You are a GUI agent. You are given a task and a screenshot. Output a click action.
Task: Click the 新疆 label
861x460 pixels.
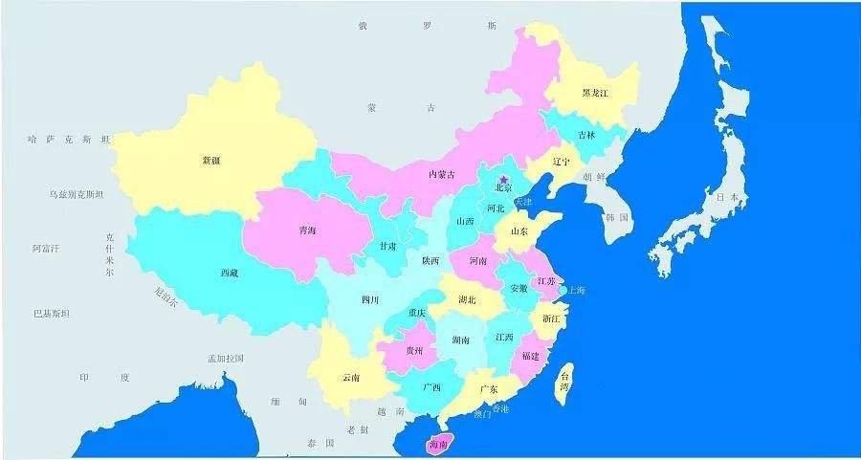point(211,160)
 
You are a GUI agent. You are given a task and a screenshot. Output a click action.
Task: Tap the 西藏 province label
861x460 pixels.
point(230,273)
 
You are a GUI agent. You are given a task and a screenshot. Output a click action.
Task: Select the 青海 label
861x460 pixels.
point(307,230)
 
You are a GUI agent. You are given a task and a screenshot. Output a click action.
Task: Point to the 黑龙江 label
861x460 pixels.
point(595,94)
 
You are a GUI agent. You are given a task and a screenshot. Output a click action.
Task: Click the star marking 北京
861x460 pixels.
point(504,179)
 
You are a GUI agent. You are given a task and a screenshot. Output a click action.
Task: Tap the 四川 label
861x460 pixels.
point(369,299)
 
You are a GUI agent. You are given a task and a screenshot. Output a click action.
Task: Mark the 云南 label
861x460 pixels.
point(350,377)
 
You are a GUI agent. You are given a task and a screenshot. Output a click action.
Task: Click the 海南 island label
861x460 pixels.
point(438,444)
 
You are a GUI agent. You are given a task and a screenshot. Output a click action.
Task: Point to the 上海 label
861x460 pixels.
point(577,290)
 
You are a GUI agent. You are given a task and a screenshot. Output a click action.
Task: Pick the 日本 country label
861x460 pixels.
point(727,197)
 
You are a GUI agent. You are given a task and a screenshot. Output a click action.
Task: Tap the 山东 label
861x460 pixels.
point(519,230)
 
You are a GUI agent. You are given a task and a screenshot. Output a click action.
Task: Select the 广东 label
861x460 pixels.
point(487,388)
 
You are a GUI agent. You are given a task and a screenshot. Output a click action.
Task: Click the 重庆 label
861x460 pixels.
point(417,313)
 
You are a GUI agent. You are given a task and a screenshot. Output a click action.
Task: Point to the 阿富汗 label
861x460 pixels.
point(45,249)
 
